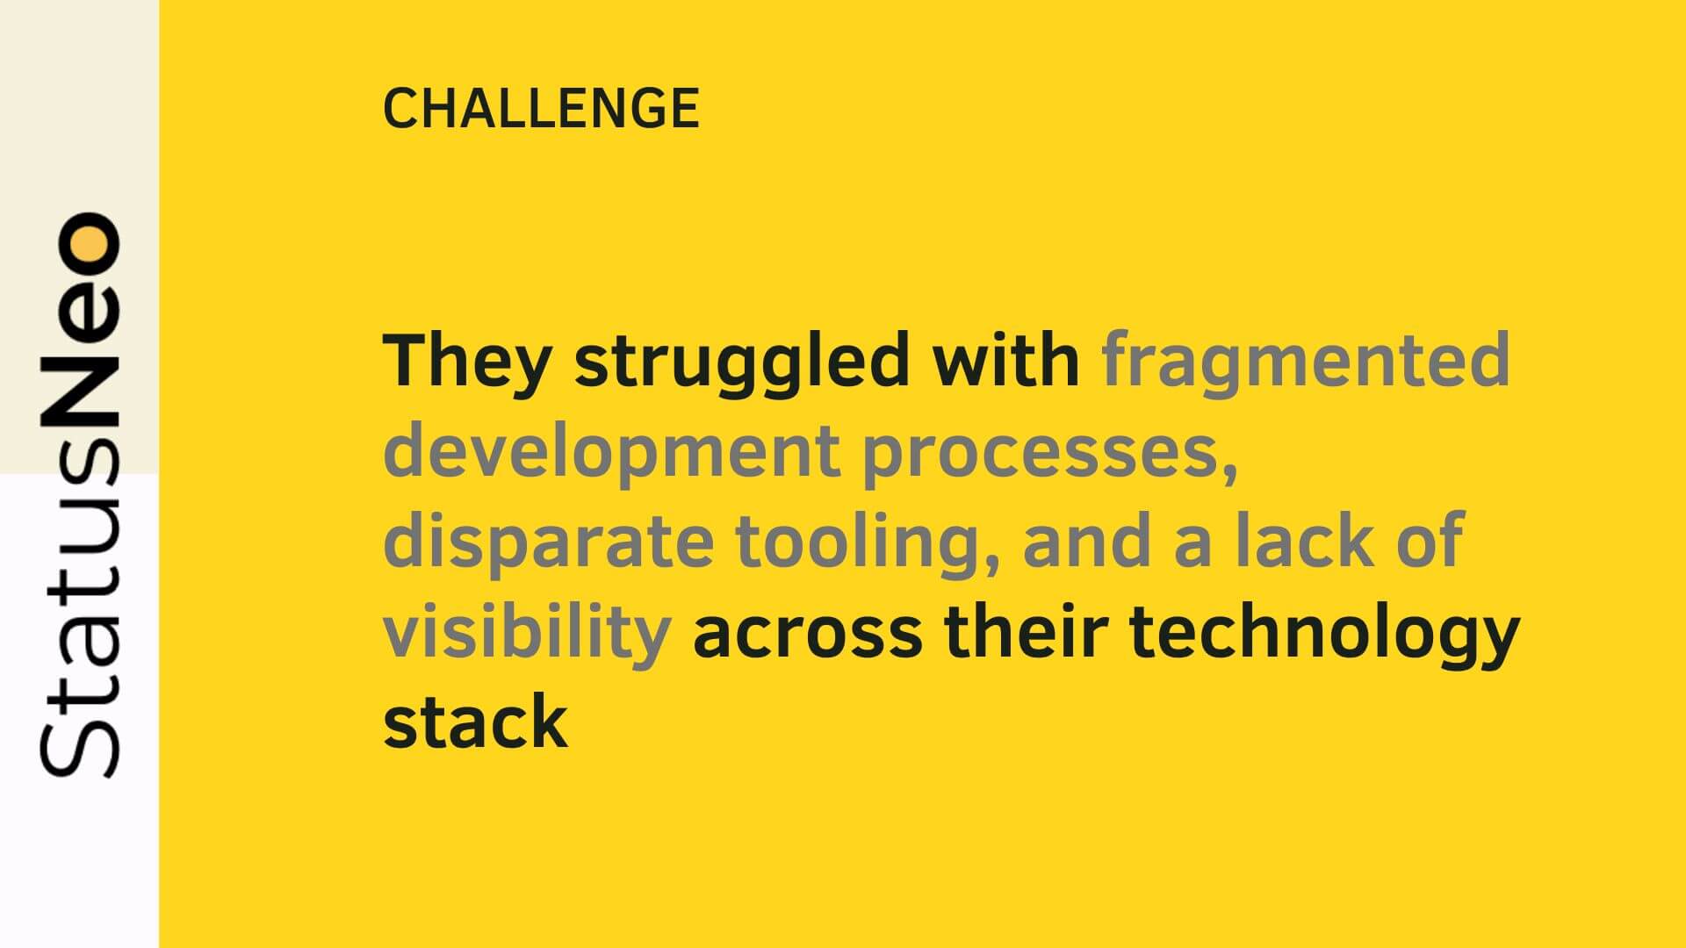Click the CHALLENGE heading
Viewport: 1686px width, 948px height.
pos(541,109)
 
